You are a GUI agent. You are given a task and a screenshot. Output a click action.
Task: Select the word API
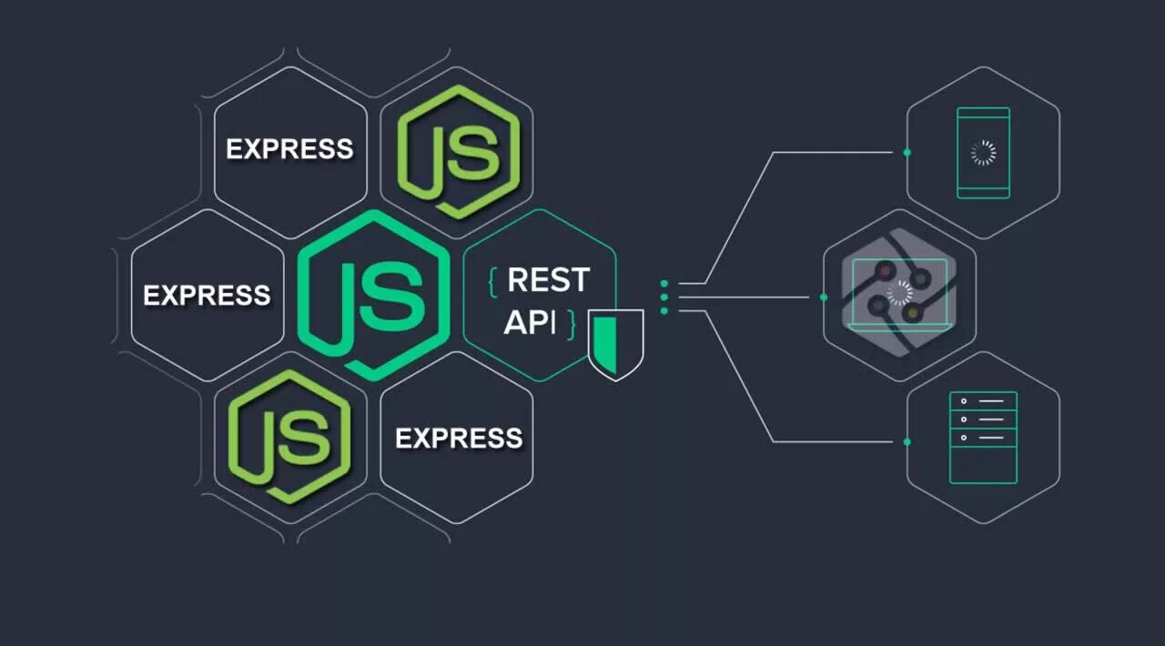pos(529,322)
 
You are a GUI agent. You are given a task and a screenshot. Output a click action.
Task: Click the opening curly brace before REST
pos(492,281)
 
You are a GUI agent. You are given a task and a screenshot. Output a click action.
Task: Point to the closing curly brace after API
pos(572,323)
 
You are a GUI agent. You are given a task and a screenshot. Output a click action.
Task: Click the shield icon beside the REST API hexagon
pos(615,343)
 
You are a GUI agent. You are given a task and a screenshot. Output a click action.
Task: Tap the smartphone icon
pos(983,152)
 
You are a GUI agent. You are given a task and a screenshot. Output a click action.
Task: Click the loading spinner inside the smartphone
pos(983,153)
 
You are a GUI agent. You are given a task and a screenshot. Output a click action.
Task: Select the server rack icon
pos(983,438)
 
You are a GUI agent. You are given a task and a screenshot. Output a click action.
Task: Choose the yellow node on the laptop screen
pos(912,312)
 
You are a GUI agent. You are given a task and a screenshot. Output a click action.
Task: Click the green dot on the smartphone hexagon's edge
pos(907,152)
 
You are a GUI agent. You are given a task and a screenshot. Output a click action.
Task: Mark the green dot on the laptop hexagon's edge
pos(824,297)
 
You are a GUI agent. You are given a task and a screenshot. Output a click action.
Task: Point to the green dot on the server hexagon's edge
pos(907,441)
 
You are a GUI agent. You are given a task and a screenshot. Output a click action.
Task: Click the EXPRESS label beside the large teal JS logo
pos(207,295)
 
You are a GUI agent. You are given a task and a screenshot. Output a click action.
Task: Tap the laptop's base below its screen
pos(899,326)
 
